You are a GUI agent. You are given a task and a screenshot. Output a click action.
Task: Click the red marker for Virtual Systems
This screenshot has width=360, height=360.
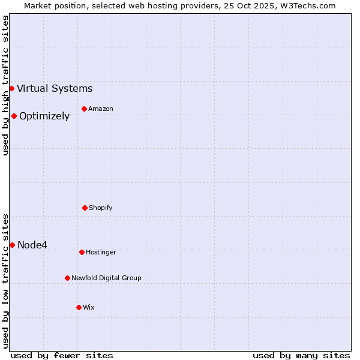point(11,89)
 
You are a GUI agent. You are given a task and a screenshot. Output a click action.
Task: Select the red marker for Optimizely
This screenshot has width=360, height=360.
point(14,116)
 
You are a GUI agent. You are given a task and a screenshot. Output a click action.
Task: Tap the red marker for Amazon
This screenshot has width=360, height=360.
point(84,109)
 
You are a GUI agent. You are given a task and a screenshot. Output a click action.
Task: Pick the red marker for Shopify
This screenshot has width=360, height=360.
point(85,208)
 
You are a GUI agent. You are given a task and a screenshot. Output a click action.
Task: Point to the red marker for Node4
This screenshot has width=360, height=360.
point(12,245)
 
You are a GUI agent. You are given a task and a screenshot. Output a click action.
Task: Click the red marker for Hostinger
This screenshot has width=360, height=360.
point(82,252)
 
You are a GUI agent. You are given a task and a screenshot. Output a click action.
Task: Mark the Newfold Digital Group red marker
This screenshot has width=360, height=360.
point(67,278)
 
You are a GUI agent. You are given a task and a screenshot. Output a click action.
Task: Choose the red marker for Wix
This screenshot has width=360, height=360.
point(79,307)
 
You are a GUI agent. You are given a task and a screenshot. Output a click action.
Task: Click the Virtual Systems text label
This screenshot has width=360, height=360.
point(55,89)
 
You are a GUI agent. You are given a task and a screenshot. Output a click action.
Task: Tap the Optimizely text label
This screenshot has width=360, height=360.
point(44,116)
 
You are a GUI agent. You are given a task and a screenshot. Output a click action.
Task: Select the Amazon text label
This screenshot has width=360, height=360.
point(101,109)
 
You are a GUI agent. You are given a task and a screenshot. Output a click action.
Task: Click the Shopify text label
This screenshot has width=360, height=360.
point(101,208)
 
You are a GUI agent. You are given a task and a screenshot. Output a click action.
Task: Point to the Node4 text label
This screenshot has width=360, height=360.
point(32,245)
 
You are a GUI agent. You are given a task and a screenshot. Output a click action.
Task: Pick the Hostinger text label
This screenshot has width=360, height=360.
point(101,252)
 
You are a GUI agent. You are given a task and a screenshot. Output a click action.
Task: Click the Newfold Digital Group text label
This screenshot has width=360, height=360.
point(106,278)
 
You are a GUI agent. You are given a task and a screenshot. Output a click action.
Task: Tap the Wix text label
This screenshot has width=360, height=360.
point(89,307)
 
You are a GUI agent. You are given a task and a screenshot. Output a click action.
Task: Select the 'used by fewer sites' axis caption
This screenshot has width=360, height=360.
point(62,355)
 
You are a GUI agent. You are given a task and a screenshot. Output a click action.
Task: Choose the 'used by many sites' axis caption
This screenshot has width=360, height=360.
point(301,355)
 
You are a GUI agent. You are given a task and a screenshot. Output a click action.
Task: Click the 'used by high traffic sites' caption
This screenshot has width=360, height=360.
point(5,85)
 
